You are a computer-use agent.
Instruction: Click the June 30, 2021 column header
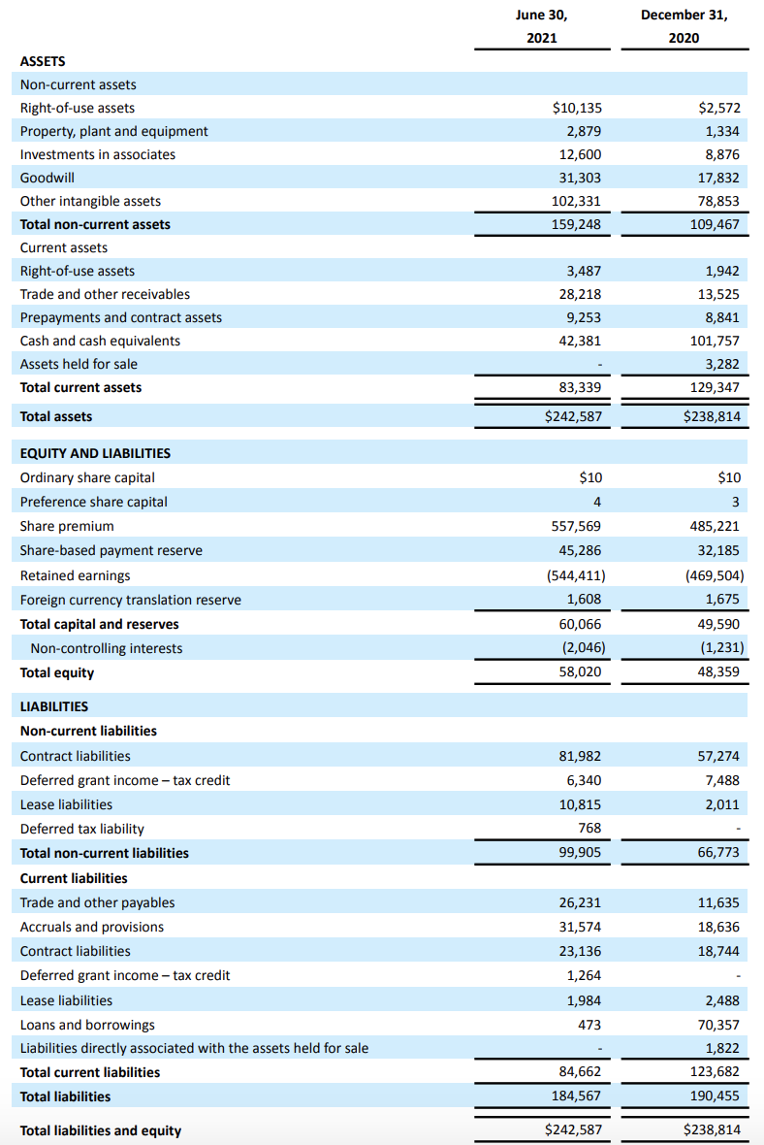tap(541, 26)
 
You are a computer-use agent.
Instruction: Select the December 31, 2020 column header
tap(684, 26)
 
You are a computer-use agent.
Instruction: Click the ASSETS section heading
tap(43, 61)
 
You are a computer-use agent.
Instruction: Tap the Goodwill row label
tap(48, 178)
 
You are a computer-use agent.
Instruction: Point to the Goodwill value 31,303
tap(577, 178)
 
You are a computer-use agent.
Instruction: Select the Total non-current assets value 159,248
tap(577, 224)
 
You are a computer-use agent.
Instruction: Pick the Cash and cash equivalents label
tap(100, 341)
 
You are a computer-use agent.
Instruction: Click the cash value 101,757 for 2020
tap(716, 341)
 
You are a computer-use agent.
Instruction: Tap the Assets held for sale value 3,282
tap(722, 364)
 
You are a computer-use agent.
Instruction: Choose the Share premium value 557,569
tap(577, 526)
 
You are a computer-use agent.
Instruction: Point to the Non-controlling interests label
tap(107, 648)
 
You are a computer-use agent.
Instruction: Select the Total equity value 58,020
tap(580, 671)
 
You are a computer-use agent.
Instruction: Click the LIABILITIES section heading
tap(54, 706)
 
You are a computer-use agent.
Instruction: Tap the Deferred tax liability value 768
tap(589, 828)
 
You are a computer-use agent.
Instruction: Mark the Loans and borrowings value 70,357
tap(718, 1025)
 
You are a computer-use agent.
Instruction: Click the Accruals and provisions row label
tap(92, 927)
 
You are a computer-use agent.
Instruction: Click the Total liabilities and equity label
tap(101, 1130)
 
